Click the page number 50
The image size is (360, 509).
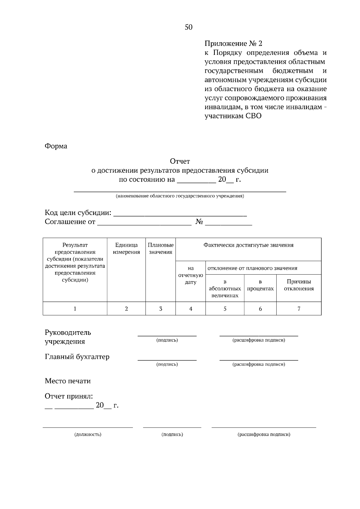(x=188, y=27)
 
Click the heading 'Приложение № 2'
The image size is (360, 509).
(x=233, y=43)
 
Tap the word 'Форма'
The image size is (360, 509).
(x=56, y=146)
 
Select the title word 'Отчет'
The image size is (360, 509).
(x=180, y=161)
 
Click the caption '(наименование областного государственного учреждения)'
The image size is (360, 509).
(x=180, y=196)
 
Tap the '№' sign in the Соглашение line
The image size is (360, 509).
(x=199, y=222)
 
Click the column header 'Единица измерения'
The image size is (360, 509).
(x=126, y=249)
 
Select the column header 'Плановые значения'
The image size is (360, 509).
(x=160, y=249)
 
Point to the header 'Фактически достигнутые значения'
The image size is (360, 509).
(x=248, y=245)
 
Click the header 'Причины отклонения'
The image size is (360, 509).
(x=299, y=285)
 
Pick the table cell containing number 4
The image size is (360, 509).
(x=190, y=308)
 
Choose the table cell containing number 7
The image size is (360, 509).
(x=299, y=308)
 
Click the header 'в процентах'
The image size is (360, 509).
(x=260, y=285)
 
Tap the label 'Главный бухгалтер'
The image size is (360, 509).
(x=77, y=357)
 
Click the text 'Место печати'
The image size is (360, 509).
(x=68, y=381)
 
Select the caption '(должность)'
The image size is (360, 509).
(x=88, y=434)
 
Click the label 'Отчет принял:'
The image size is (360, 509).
(x=69, y=396)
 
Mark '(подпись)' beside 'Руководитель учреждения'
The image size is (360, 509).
(x=167, y=340)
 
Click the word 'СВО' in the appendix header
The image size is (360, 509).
(x=253, y=116)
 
